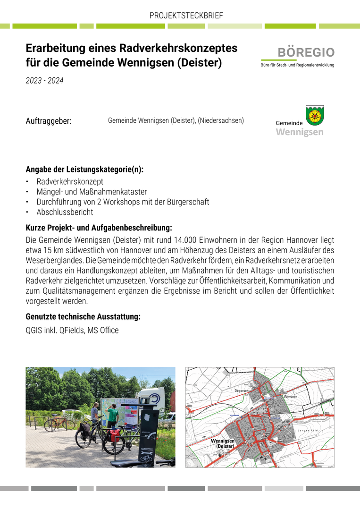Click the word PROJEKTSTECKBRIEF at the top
click(x=186, y=16)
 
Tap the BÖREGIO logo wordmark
click(x=306, y=52)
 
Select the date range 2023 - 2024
click(x=44, y=81)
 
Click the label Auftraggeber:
click(x=48, y=121)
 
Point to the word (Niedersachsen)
click(x=221, y=120)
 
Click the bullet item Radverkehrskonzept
click(x=70, y=181)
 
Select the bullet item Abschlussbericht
click(x=65, y=212)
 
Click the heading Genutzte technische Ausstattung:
click(x=83, y=317)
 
